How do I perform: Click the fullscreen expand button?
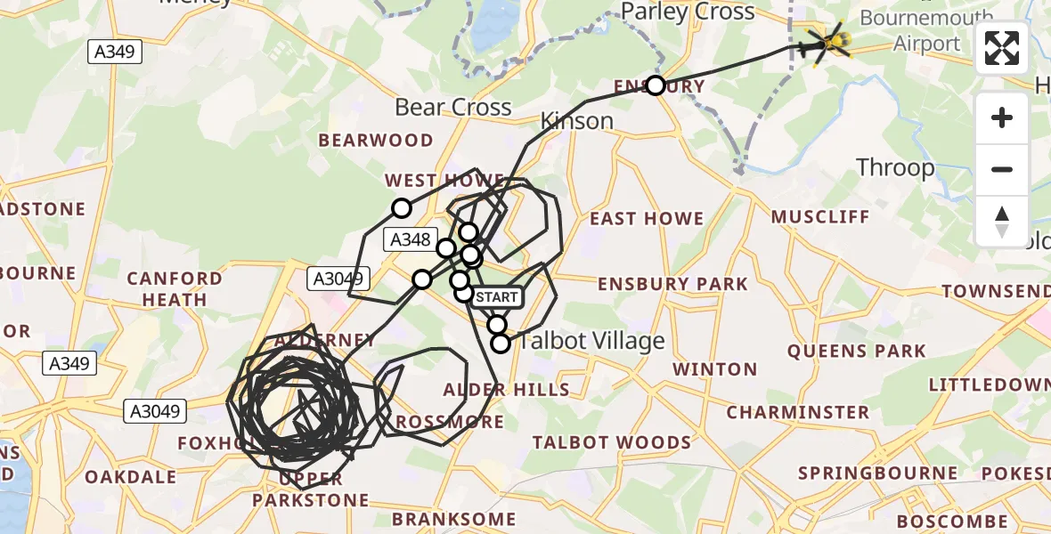click(x=1002, y=48)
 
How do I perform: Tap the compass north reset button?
click(x=1002, y=222)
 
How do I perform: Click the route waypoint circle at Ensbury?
click(x=656, y=85)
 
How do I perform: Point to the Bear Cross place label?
click(x=452, y=108)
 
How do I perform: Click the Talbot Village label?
click(x=592, y=341)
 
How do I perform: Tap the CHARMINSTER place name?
click(x=797, y=412)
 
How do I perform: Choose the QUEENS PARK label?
click(x=856, y=352)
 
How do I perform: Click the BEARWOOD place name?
click(x=376, y=140)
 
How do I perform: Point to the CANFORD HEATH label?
click(x=175, y=289)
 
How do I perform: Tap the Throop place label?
click(x=895, y=167)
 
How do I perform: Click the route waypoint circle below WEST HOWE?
click(x=402, y=208)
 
